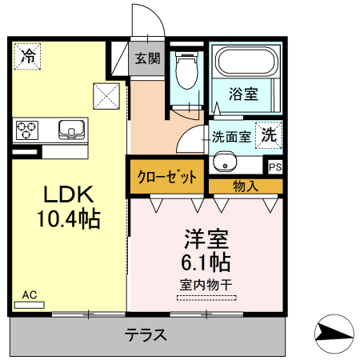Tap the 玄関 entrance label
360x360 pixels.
147,58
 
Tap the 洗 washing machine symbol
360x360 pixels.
270,135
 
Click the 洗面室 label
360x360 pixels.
230,136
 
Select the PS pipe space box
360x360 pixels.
274,167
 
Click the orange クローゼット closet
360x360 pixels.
167,178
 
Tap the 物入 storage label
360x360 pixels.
245,186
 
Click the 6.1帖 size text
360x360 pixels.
206,262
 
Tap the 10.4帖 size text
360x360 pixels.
68,218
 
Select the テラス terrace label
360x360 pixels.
146,335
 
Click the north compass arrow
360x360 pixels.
333,333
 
